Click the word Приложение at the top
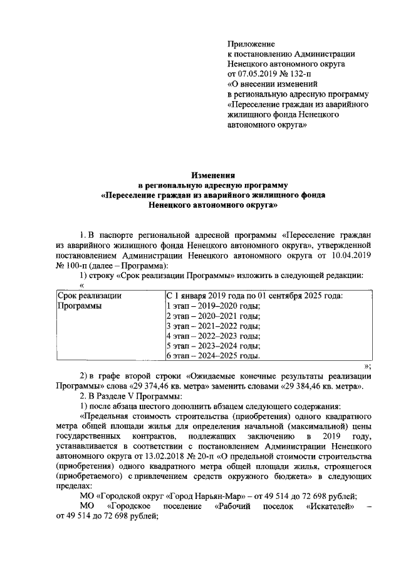click(x=251, y=44)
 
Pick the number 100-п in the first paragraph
click(x=74, y=265)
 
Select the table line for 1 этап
click(x=213, y=306)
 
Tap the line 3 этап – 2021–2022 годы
click(x=213, y=326)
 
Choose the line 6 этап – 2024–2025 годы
click(x=213, y=356)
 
